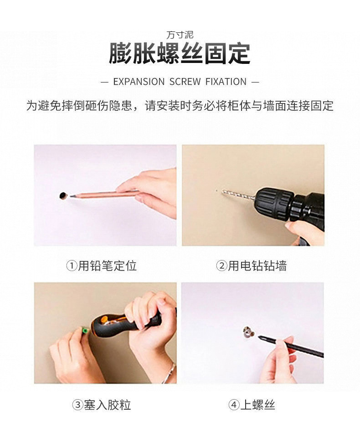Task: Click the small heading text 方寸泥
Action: pos(180,35)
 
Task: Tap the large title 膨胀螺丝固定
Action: pos(180,53)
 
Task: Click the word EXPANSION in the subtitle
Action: pos(139,82)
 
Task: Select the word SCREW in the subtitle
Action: pos(185,82)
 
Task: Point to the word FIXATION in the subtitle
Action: pos(226,82)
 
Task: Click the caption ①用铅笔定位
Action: pos(101,266)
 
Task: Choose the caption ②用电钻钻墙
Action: pos(251,266)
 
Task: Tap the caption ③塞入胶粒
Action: pos(101,405)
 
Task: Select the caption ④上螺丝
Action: pos(252,405)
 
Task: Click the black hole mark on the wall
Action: pos(63,196)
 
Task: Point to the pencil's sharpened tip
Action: pos(71,196)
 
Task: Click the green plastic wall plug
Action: pos(84,330)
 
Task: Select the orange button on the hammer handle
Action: pos(103,320)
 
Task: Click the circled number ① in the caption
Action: pos(72,266)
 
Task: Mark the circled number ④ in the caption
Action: pos(234,405)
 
